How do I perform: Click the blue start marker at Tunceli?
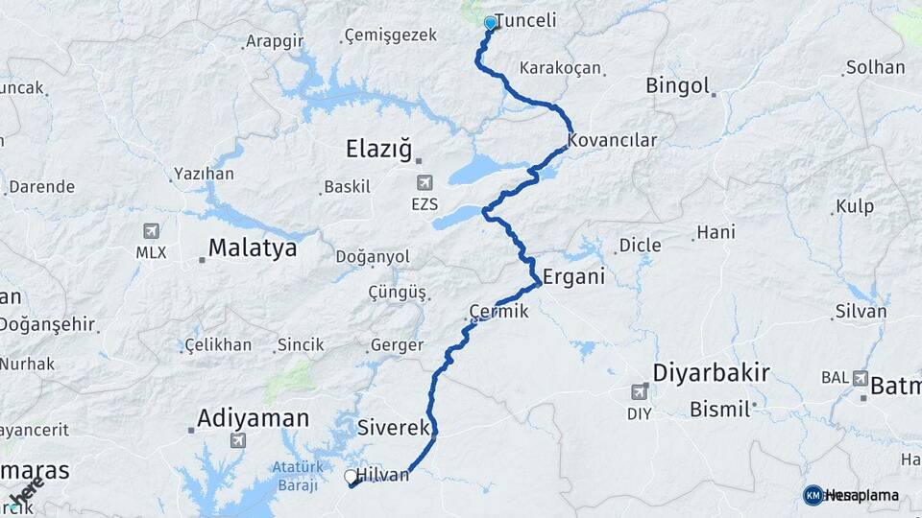(x=491, y=22)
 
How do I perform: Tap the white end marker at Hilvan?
(x=351, y=476)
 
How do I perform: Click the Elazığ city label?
(x=378, y=150)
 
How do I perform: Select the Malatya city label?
(x=252, y=248)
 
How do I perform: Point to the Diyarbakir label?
(x=711, y=372)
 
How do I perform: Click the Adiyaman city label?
(x=253, y=418)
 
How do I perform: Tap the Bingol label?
(x=677, y=85)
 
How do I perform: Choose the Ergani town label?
(x=573, y=277)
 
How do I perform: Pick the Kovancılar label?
(x=612, y=140)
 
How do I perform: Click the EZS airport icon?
(x=424, y=182)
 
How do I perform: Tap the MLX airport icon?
(x=151, y=231)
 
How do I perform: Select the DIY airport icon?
(x=640, y=391)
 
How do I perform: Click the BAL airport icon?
(x=859, y=378)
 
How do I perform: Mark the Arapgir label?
(x=275, y=41)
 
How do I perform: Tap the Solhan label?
(x=874, y=68)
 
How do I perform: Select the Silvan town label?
(x=861, y=311)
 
